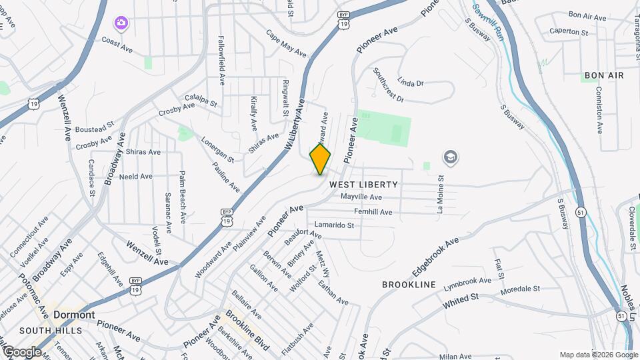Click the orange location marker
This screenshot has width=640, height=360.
point(320,159)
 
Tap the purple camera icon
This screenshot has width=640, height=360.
point(121,24)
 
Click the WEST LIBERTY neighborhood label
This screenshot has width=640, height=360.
point(364,184)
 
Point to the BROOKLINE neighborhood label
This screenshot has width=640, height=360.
point(409,285)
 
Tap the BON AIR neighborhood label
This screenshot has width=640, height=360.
point(603,75)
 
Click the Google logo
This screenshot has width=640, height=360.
point(21,351)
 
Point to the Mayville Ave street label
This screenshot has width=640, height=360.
point(361,197)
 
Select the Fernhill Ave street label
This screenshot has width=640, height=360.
point(373,212)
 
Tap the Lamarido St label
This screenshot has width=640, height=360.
point(333,225)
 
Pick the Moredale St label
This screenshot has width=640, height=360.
point(521,289)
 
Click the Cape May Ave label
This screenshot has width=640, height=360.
point(285,43)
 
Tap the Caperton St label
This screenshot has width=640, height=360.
point(569,31)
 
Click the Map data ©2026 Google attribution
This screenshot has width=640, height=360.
point(597,355)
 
